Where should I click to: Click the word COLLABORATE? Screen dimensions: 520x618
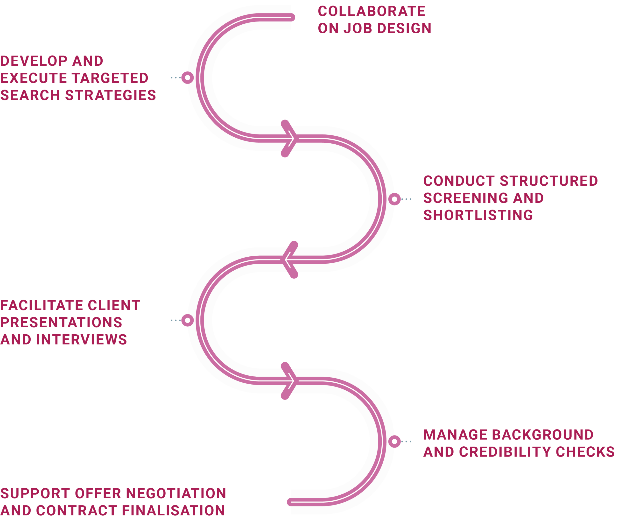pyautogui.click(x=371, y=12)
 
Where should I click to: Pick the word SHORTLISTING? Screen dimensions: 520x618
pyautogui.click(x=478, y=215)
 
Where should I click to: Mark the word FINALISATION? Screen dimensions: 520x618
pyautogui.click(x=173, y=511)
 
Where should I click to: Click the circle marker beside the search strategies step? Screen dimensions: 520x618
pyautogui.click(x=187, y=77)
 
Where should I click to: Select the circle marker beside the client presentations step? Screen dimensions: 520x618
pyautogui.click(x=187, y=320)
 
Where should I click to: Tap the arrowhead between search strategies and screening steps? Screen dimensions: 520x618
pyautogui.click(x=289, y=138)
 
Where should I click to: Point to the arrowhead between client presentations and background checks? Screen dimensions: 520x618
pyautogui.click(x=289, y=381)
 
